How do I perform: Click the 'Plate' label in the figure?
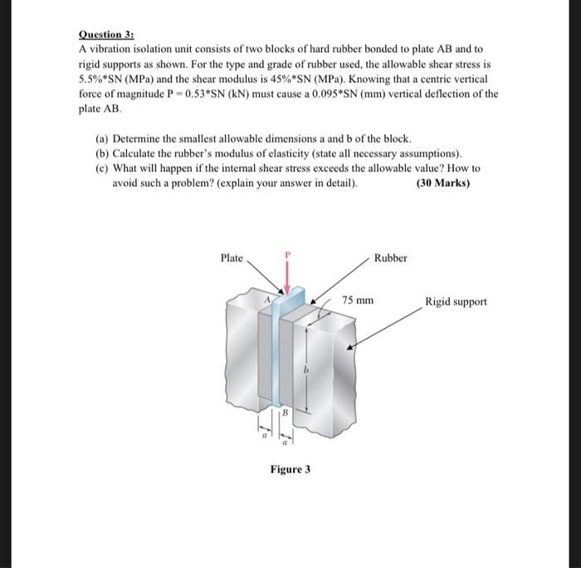point(232,258)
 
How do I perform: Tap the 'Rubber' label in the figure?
point(390,258)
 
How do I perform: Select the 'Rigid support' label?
point(456,301)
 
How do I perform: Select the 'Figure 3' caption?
point(290,469)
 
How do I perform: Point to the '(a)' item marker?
point(103,139)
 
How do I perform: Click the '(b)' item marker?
point(103,154)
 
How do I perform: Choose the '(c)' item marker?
point(103,168)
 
